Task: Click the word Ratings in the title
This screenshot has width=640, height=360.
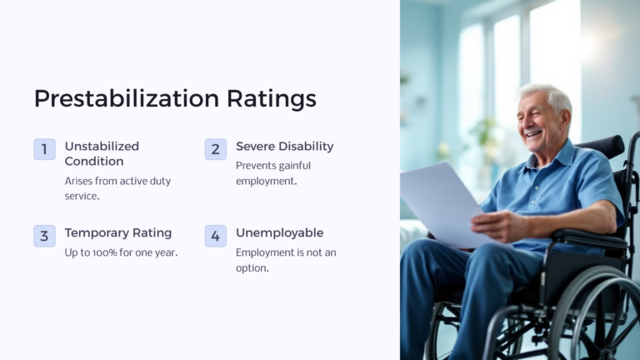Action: coord(271,98)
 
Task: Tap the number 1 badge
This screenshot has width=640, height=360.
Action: coord(44,149)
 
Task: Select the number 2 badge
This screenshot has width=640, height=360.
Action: coord(215,149)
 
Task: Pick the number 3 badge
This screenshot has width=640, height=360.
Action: coord(44,236)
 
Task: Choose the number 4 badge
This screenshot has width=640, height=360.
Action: coord(215,236)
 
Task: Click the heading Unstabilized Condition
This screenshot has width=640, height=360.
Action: coord(102,153)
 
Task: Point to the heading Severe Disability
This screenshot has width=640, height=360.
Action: coord(284,146)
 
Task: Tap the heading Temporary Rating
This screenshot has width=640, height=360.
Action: coord(117,232)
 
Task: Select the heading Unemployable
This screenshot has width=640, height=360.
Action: coord(279,232)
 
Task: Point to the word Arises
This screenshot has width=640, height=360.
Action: coord(80,181)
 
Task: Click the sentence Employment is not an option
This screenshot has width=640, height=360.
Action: coord(286,260)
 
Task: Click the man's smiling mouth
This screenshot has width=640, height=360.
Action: coord(532,132)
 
